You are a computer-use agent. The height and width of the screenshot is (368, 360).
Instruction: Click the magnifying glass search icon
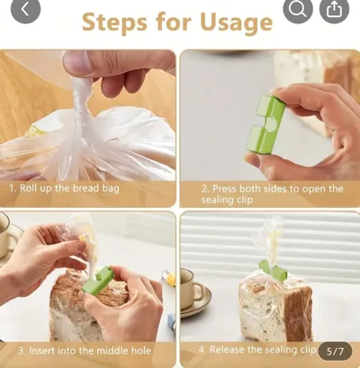click(x=298, y=9)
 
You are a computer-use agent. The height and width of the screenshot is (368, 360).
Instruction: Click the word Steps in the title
click(x=114, y=22)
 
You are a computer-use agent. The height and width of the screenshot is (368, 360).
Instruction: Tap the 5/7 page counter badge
click(x=335, y=351)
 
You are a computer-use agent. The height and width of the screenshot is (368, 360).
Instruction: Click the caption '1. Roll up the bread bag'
click(x=64, y=189)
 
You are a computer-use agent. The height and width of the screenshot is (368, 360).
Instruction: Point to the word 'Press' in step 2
click(x=224, y=189)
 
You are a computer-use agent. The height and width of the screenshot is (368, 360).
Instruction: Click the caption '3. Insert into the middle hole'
click(x=85, y=351)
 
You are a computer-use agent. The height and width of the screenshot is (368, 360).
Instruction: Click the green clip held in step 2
click(x=265, y=123)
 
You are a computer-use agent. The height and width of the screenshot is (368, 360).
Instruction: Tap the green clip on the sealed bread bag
click(x=274, y=270)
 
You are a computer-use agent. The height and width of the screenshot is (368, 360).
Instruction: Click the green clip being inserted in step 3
click(x=98, y=281)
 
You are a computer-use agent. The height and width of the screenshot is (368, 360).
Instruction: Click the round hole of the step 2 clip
click(x=274, y=124)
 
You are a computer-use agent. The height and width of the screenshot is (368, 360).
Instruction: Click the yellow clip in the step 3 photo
click(x=169, y=277)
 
